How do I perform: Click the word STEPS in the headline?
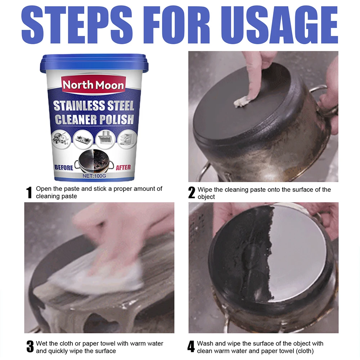(77, 25)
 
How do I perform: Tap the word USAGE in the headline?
(279, 25)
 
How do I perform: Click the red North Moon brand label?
(94, 85)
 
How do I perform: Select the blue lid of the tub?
(94, 62)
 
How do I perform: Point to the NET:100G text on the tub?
(94, 176)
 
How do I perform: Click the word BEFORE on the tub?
(64, 168)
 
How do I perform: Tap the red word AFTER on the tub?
(123, 168)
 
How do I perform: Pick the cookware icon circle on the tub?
(61, 139)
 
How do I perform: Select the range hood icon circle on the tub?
(105, 139)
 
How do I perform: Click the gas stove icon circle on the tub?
(83, 139)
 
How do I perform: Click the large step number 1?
(29, 192)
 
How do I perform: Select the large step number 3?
(30, 346)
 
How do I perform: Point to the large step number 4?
(191, 346)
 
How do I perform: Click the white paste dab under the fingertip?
(242, 101)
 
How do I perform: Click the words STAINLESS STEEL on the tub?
(94, 105)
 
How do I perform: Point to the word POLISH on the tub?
(117, 120)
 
